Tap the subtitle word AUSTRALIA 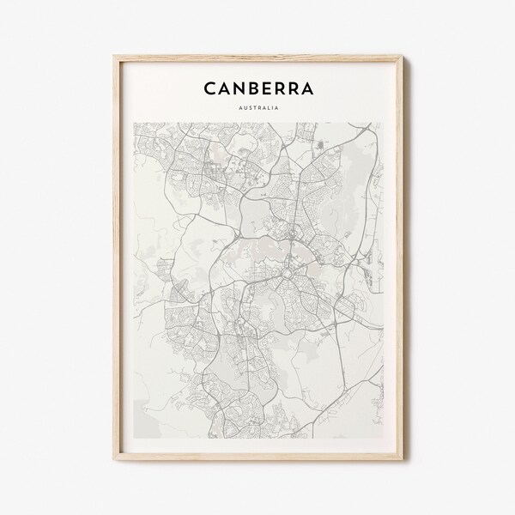257,108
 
